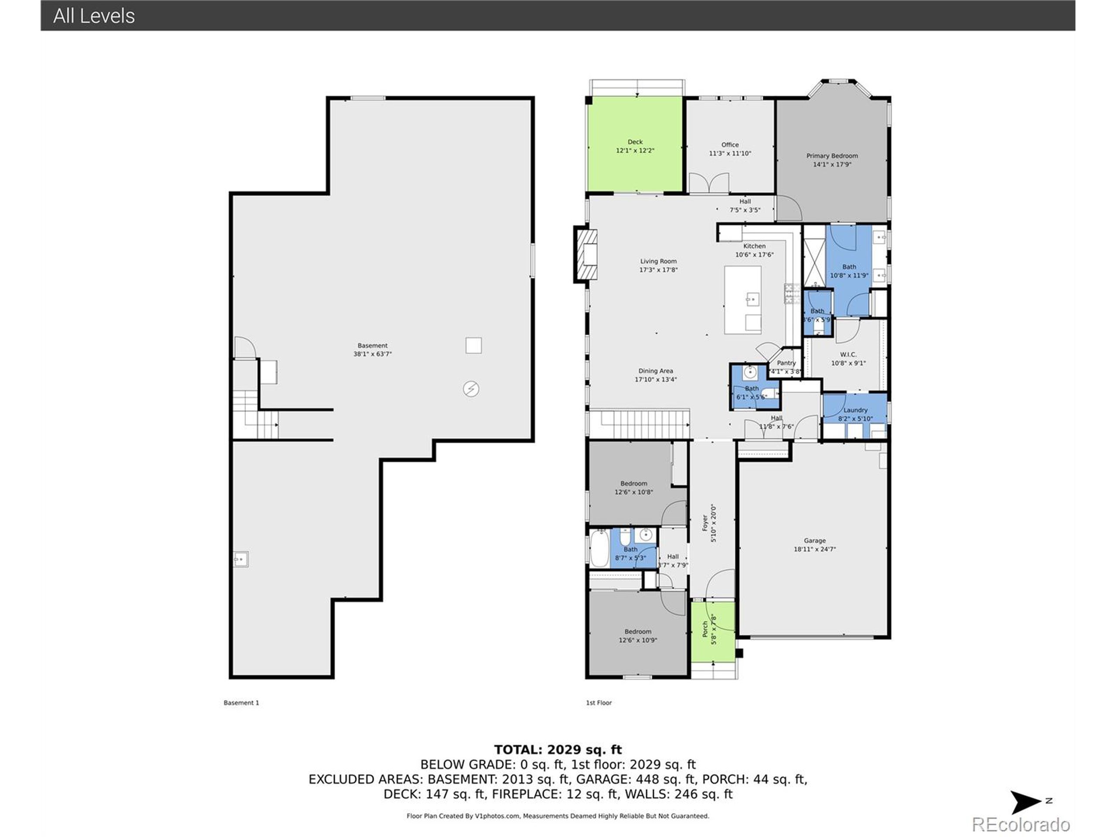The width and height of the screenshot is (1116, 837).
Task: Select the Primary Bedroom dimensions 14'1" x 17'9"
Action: click(x=831, y=164)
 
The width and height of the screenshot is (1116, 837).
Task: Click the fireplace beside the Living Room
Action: click(x=586, y=255)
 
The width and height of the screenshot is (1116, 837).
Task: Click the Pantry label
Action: click(x=786, y=363)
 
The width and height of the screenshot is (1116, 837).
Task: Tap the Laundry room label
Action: click(x=855, y=410)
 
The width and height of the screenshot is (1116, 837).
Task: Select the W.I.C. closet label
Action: click(x=848, y=355)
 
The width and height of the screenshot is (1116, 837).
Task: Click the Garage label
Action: click(x=814, y=540)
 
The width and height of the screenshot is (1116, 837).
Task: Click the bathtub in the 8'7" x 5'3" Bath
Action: click(x=599, y=548)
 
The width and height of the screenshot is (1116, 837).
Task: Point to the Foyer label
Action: click(x=705, y=523)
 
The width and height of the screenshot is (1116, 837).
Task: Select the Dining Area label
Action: click(x=655, y=371)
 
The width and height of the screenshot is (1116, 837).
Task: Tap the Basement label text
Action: click(x=372, y=346)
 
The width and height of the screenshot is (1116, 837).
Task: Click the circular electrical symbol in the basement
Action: click(x=471, y=389)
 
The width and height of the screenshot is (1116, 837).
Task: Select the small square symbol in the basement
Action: click(x=473, y=346)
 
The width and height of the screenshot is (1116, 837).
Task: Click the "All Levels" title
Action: click(x=94, y=16)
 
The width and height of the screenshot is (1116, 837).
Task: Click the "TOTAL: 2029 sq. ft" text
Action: click(x=558, y=750)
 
